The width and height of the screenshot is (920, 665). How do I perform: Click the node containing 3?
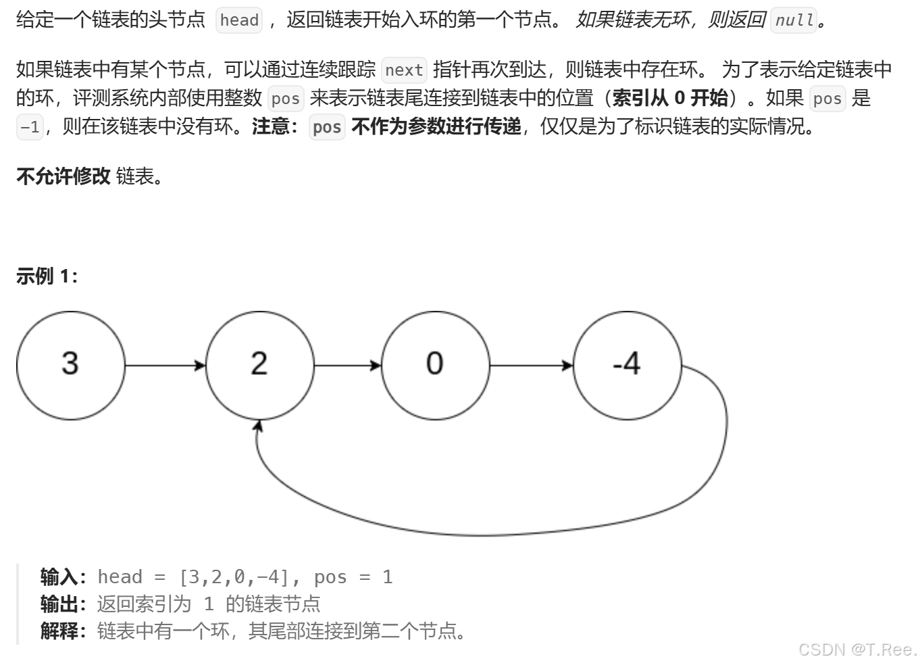[70, 365]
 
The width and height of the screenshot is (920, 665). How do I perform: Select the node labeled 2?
[259, 365]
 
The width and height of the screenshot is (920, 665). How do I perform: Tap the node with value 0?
[435, 365]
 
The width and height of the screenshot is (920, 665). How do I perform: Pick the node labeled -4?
[627, 365]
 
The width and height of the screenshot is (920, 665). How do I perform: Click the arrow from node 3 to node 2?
[165, 366]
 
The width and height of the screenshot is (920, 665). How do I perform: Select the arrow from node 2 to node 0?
[347, 366]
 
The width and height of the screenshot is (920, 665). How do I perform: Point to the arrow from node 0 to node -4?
[531, 366]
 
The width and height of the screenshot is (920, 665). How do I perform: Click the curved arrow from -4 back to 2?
[486, 534]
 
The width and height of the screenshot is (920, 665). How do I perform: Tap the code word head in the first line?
[239, 20]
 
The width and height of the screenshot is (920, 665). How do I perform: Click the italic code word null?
[794, 20]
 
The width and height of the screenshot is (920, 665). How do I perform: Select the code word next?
[404, 70]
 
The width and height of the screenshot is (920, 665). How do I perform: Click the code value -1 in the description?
[30, 127]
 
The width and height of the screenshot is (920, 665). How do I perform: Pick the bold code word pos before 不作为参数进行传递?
[327, 127]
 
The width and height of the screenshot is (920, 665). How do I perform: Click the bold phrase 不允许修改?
[63, 176]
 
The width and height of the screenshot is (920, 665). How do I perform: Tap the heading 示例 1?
[47, 276]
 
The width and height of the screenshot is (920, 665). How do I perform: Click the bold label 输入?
[63, 577]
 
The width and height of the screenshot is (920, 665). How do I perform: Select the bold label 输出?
[63, 604]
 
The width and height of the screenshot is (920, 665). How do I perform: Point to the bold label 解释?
[63, 631]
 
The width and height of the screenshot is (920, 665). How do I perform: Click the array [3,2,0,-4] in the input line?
[234, 577]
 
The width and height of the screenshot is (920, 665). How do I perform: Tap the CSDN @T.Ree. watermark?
[857, 649]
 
